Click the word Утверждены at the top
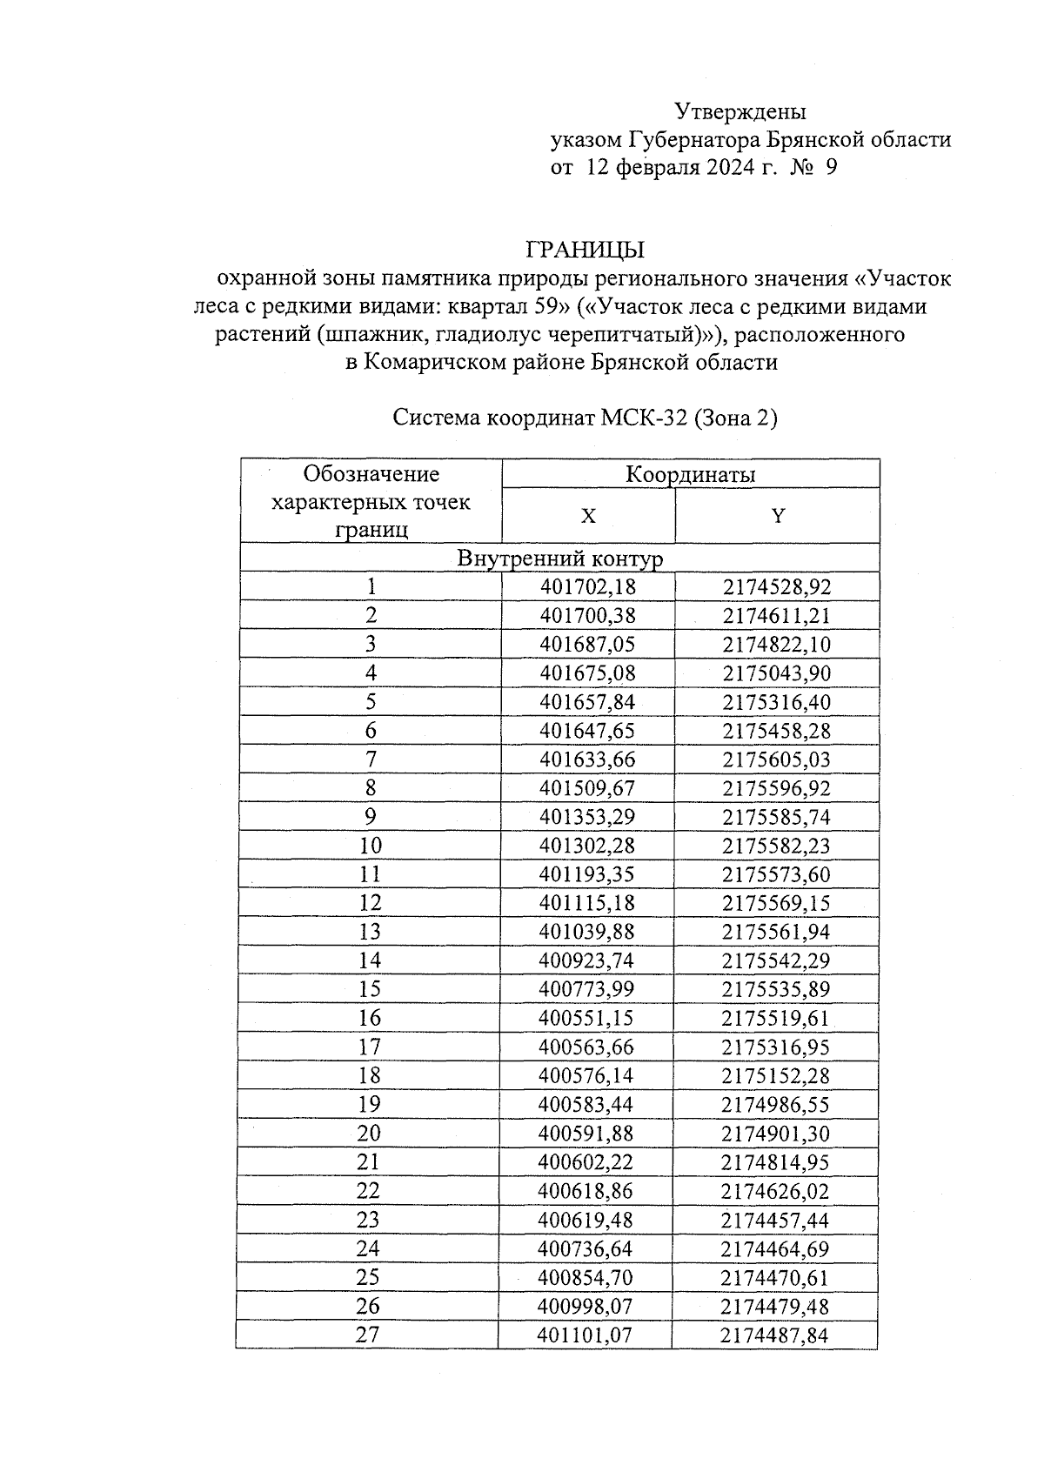click(740, 112)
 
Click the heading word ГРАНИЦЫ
click(584, 251)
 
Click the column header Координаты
click(690, 474)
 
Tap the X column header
click(588, 516)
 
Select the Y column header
click(778, 516)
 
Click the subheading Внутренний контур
click(559, 559)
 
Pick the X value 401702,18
click(587, 587)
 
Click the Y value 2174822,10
click(776, 645)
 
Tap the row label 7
click(371, 759)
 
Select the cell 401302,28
click(587, 846)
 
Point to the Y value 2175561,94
click(776, 932)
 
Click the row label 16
click(369, 1018)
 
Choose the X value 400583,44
click(586, 1104)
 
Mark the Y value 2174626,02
click(775, 1191)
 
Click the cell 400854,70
click(586, 1277)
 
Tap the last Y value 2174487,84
click(774, 1335)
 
